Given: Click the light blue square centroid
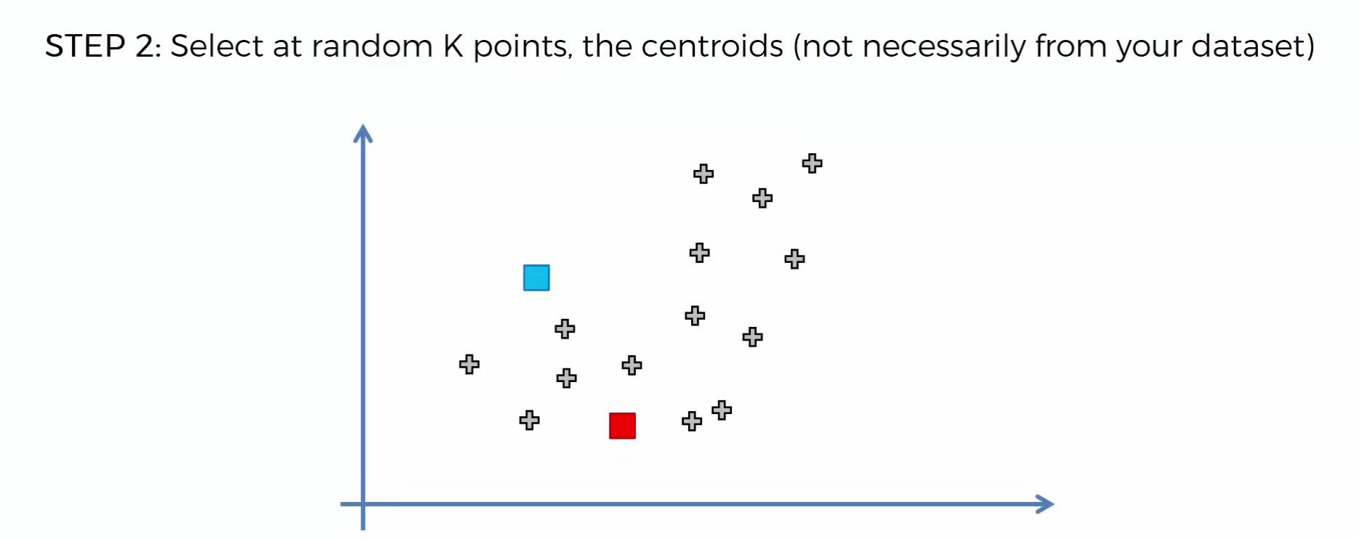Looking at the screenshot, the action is pyautogui.click(x=536, y=277).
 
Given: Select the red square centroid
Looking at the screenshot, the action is pyautogui.click(x=622, y=426).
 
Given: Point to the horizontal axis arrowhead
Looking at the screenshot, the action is pyautogui.click(x=1045, y=504).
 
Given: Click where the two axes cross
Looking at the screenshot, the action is pyautogui.click(x=363, y=504).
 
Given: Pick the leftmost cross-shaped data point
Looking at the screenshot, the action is pyautogui.click(x=469, y=364).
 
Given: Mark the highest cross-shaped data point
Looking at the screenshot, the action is pyautogui.click(x=812, y=163).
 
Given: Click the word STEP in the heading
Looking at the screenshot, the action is pyautogui.click(x=85, y=46).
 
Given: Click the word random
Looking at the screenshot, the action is pyautogui.click(x=372, y=46).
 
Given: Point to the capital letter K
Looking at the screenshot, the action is pyautogui.click(x=453, y=46).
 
